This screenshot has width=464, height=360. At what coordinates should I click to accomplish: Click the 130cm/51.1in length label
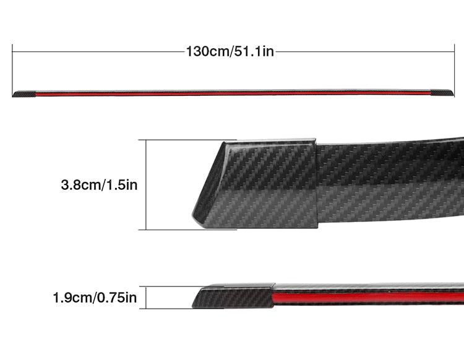pos(230,51)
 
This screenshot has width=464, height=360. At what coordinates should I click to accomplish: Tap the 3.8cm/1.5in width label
pos(99,185)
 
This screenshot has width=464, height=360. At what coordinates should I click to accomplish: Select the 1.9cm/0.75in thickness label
pos(95,298)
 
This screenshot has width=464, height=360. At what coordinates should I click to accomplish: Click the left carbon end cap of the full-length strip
pos(24,94)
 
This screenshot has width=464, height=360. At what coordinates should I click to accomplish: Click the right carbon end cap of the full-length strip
pos(442,93)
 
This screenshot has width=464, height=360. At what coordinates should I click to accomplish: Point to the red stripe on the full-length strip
pos(233,93)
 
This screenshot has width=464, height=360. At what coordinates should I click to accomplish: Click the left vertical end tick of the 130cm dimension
pos(12,71)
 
